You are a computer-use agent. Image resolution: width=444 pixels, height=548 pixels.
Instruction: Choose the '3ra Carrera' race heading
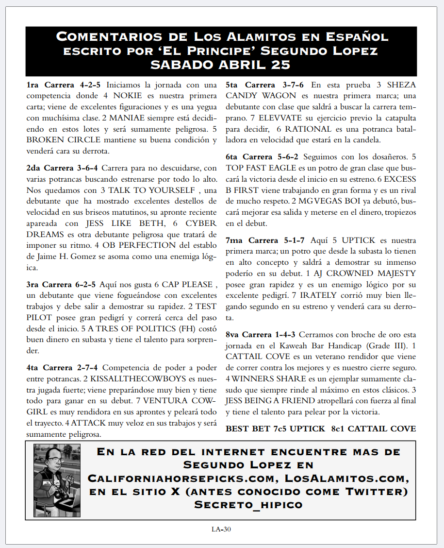click(48, 284)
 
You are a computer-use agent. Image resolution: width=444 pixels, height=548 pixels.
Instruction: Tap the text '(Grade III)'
click(388, 345)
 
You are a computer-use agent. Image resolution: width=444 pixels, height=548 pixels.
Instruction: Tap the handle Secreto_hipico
click(248, 504)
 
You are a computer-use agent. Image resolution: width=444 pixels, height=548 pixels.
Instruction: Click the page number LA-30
click(221, 530)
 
